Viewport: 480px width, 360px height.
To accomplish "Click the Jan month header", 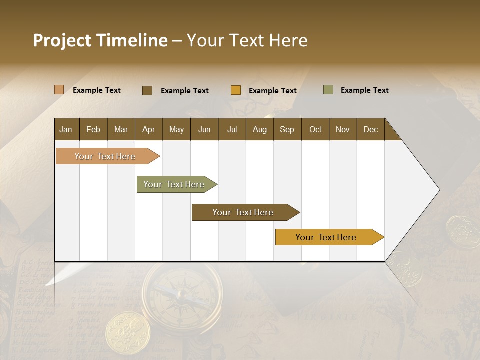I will point(66,129).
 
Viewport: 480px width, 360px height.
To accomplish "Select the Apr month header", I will point(149,129).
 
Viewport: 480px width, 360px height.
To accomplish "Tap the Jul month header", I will point(232,129).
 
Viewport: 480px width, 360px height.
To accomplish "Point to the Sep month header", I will point(287,129).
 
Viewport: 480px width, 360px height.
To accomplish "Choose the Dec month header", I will point(370,129).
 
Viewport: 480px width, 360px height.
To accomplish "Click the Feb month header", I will point(93,129).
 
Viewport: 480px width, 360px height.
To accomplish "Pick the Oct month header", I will point(315,129).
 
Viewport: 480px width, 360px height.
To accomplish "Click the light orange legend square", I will point(59,90).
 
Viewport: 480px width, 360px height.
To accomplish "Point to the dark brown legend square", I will point(147,90).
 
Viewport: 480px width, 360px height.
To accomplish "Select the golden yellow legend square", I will point(236,90).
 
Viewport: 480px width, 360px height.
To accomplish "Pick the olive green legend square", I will point(328,90).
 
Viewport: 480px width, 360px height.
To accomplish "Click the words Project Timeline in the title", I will point(100,40).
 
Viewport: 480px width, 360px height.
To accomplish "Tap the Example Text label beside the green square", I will point(364,90).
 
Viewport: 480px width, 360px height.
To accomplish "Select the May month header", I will point(176,129).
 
